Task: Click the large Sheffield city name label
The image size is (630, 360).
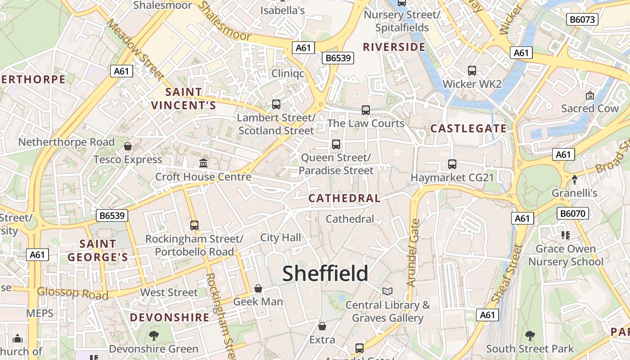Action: pyautogui.click(x=325, y=274)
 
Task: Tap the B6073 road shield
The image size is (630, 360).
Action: pyautogui.click(x=582, y=19)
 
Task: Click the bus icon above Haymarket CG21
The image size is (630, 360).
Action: pyautogui.click(x=452, y=164)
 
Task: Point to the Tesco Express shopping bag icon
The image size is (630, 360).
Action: pyautogui.click(x=128, y=146)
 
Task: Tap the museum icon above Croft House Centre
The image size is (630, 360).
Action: pyautogui.click(x=203, y=163)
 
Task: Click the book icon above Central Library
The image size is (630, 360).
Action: pyautogui.click(x=387, y=291)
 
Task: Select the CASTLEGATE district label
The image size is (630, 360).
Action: pyautogui.click(x=468, y=129)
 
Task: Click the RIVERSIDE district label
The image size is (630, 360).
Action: pyautogui.click(x=394, y=47)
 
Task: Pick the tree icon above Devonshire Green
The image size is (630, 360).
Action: pyautogui.click(x=153, y=335)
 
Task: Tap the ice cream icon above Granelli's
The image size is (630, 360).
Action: pyautogui.click(x=575, y=180)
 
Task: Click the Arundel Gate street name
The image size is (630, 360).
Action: pyautogui.click(x=413, y=253)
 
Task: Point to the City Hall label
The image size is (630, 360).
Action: pyautogui.click(x=281, y=238)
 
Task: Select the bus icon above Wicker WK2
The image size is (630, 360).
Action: pyautogui.click(x=472, y=71)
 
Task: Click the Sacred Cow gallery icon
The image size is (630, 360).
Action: pyautogui.click(x=589, y=95)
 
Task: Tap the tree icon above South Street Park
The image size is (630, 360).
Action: pyautogui.click(x=530, y=335)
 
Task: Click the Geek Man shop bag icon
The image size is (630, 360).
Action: pyautogui.click(x=258, y=288)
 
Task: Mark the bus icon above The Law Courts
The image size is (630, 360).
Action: pyautogui.click(x=366, y=110)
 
